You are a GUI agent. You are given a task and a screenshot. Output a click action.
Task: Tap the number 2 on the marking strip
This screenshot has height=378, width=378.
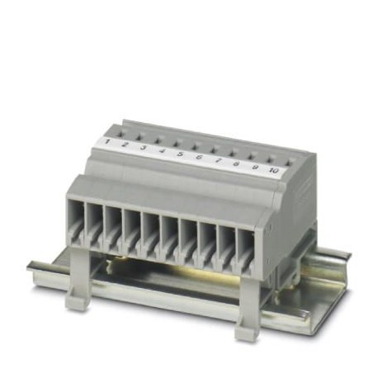pyautogui.click(x=125, y=146)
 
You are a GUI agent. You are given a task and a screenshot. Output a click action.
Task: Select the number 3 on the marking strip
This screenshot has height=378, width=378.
pyautogui.click(x=143, y=149)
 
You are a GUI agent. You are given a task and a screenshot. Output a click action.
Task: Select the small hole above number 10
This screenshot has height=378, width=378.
pyautogui.click(x=288, y=157)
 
